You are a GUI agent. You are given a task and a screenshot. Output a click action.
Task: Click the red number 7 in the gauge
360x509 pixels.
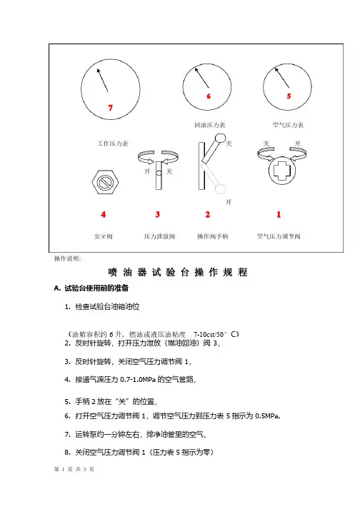pos(111,108)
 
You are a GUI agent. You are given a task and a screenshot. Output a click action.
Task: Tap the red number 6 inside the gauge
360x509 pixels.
pos(209,96)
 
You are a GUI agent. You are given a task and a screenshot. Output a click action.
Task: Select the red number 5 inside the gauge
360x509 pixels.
pos(289,96)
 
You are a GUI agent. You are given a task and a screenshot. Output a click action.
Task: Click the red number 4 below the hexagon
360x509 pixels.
pos(104,214)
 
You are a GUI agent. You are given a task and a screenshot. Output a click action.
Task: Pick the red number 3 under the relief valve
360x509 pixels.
pos(158,214)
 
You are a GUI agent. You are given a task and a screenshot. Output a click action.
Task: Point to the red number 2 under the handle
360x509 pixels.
pos(208,214)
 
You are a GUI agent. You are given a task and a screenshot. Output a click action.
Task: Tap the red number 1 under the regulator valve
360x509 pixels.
pos(279,214)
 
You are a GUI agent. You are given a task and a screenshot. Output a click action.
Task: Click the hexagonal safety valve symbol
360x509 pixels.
pos(105,182)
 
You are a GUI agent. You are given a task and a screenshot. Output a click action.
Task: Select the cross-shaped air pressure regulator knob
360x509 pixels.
pos(282,171)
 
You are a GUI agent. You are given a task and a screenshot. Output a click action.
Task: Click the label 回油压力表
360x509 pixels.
pos(210,125)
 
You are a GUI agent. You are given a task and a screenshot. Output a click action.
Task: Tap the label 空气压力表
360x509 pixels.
pos(288,125)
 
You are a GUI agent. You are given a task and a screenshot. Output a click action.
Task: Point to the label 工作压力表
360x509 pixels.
pos(113,143)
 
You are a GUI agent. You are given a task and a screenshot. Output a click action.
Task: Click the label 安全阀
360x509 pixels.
pos(104,236)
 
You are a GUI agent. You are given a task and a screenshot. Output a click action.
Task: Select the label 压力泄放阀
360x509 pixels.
pos(159,236)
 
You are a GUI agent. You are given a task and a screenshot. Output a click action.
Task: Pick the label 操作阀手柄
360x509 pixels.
pos(213,236)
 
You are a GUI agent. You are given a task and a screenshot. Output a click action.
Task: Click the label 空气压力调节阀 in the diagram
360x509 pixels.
pos(279,236)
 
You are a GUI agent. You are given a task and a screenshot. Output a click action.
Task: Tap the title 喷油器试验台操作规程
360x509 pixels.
pos(178,272)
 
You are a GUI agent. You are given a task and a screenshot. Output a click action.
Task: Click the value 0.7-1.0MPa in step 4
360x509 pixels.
pos(138,380)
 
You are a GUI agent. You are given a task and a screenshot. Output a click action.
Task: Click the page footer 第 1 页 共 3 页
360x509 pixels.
pos(74,469)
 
